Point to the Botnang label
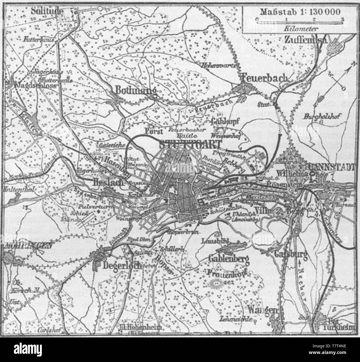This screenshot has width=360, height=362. click(x=134, y=90)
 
